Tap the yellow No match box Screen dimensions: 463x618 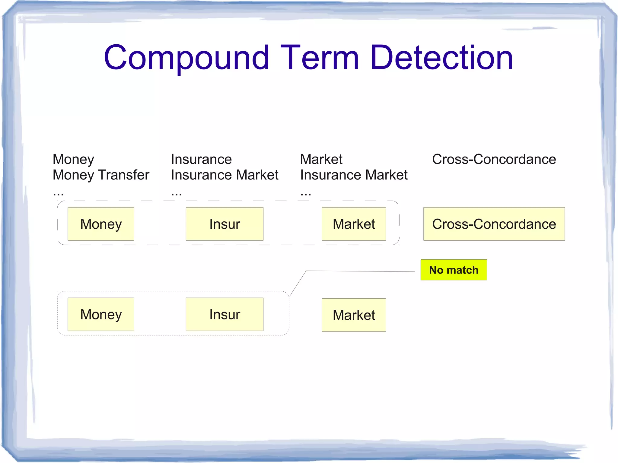click(454, 270)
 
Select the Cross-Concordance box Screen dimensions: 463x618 click(494, 224)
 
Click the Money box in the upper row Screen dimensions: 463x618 click(101, 224)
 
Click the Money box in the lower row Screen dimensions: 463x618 click(101, 314)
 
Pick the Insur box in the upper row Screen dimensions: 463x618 click(225, 224)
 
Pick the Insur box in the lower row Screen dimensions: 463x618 click(225, 314)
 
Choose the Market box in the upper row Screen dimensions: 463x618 click(354, 224)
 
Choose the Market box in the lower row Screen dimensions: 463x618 click(354, 315)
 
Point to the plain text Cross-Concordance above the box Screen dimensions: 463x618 click(494, 159)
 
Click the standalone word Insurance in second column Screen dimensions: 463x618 click(201, 159)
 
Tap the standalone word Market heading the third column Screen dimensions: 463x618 click(321, 159)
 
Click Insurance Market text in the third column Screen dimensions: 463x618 click(354, 175)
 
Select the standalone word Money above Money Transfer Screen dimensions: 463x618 click(73, 159)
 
